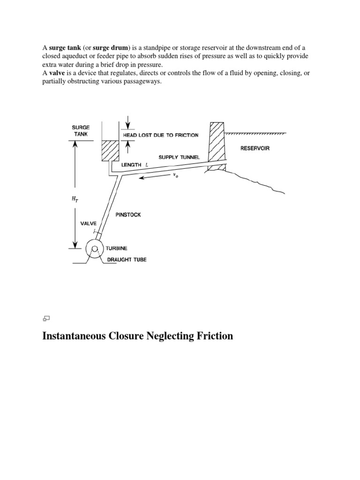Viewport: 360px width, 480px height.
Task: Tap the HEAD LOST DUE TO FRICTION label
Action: pos(160,135)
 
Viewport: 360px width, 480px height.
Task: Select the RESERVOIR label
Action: pos(255,148)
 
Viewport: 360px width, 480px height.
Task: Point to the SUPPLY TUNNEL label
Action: pos(178,157)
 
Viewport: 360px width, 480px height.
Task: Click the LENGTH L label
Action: pos(135,165)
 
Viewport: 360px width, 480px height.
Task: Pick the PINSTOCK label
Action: pos(128,215)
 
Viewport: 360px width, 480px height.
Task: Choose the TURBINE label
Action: pos(116,248)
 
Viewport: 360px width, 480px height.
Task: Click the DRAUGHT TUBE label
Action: pos(127,259)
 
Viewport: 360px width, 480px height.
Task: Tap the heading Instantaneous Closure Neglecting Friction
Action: pos(137,336)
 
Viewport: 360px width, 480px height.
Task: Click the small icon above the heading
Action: pos(46,318)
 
